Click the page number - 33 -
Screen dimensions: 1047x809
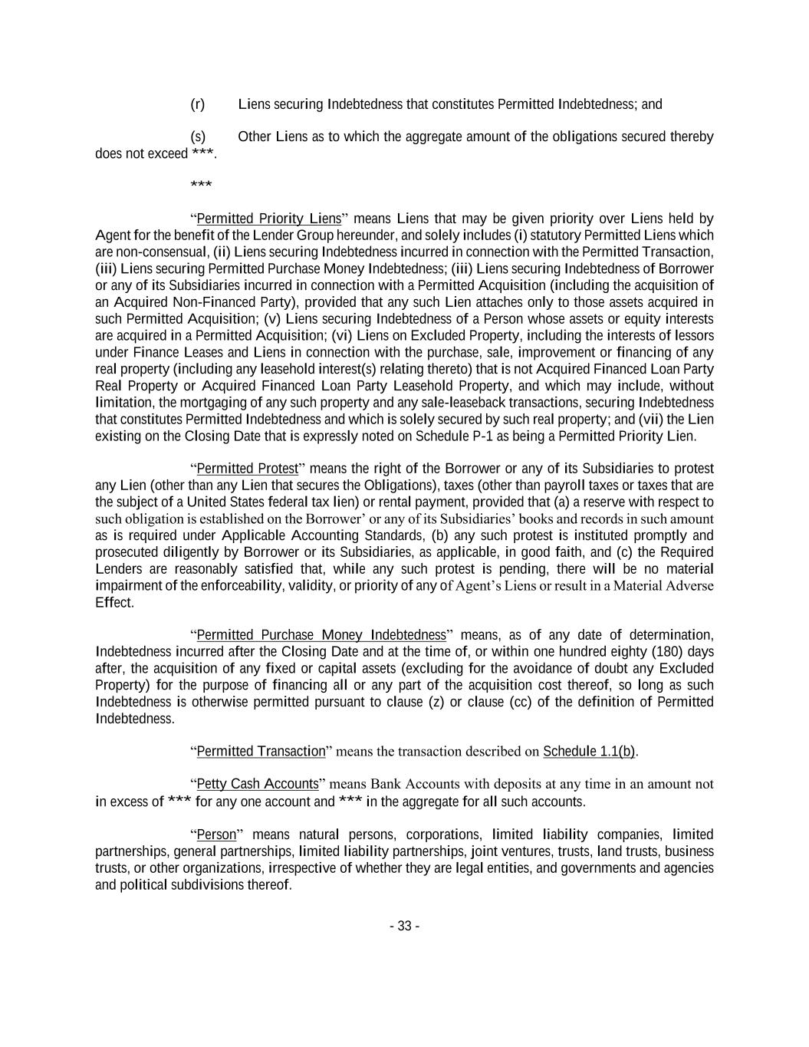(404, 926)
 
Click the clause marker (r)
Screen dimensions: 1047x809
(197, 104)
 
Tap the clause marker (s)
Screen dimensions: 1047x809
(197, 137)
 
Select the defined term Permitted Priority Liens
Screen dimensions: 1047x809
(268, 219)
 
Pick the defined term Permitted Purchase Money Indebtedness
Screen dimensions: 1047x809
(321, 635)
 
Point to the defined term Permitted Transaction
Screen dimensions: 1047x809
(261, 752)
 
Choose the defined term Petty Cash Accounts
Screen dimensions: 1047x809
(257, 784)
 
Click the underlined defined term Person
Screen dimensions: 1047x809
(216, 835)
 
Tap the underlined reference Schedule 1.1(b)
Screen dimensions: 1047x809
(589, 752)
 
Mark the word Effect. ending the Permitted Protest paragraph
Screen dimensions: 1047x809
(114, 603)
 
